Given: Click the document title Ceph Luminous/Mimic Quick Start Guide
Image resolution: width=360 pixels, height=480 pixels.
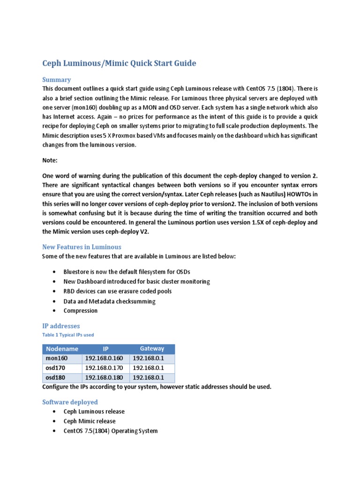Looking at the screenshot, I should [119, 63].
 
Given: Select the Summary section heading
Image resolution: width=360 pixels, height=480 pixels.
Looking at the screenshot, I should [56, 80].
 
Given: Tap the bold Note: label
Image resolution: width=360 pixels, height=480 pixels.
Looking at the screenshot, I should [50, 160].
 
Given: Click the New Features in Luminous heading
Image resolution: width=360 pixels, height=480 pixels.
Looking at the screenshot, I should [82, 247].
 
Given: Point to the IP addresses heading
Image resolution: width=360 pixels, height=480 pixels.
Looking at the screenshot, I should [61, 326].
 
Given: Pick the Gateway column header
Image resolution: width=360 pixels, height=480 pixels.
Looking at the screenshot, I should [152, 349].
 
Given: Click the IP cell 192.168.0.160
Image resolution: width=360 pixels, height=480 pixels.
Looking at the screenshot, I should [104, 359].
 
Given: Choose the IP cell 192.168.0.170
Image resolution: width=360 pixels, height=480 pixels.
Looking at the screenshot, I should [104, 368].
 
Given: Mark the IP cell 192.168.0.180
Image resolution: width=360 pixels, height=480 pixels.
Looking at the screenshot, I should [104, 378].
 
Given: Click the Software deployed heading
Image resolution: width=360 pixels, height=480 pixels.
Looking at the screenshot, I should [70, 402].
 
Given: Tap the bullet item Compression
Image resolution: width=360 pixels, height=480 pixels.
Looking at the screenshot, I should [81, 311].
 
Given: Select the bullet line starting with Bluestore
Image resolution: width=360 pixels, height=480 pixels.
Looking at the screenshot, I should [127, 272].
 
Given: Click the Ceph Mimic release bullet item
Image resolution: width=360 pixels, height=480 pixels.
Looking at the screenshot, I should [90, 421].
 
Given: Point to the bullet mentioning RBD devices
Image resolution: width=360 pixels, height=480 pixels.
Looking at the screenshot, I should [118, 291].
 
